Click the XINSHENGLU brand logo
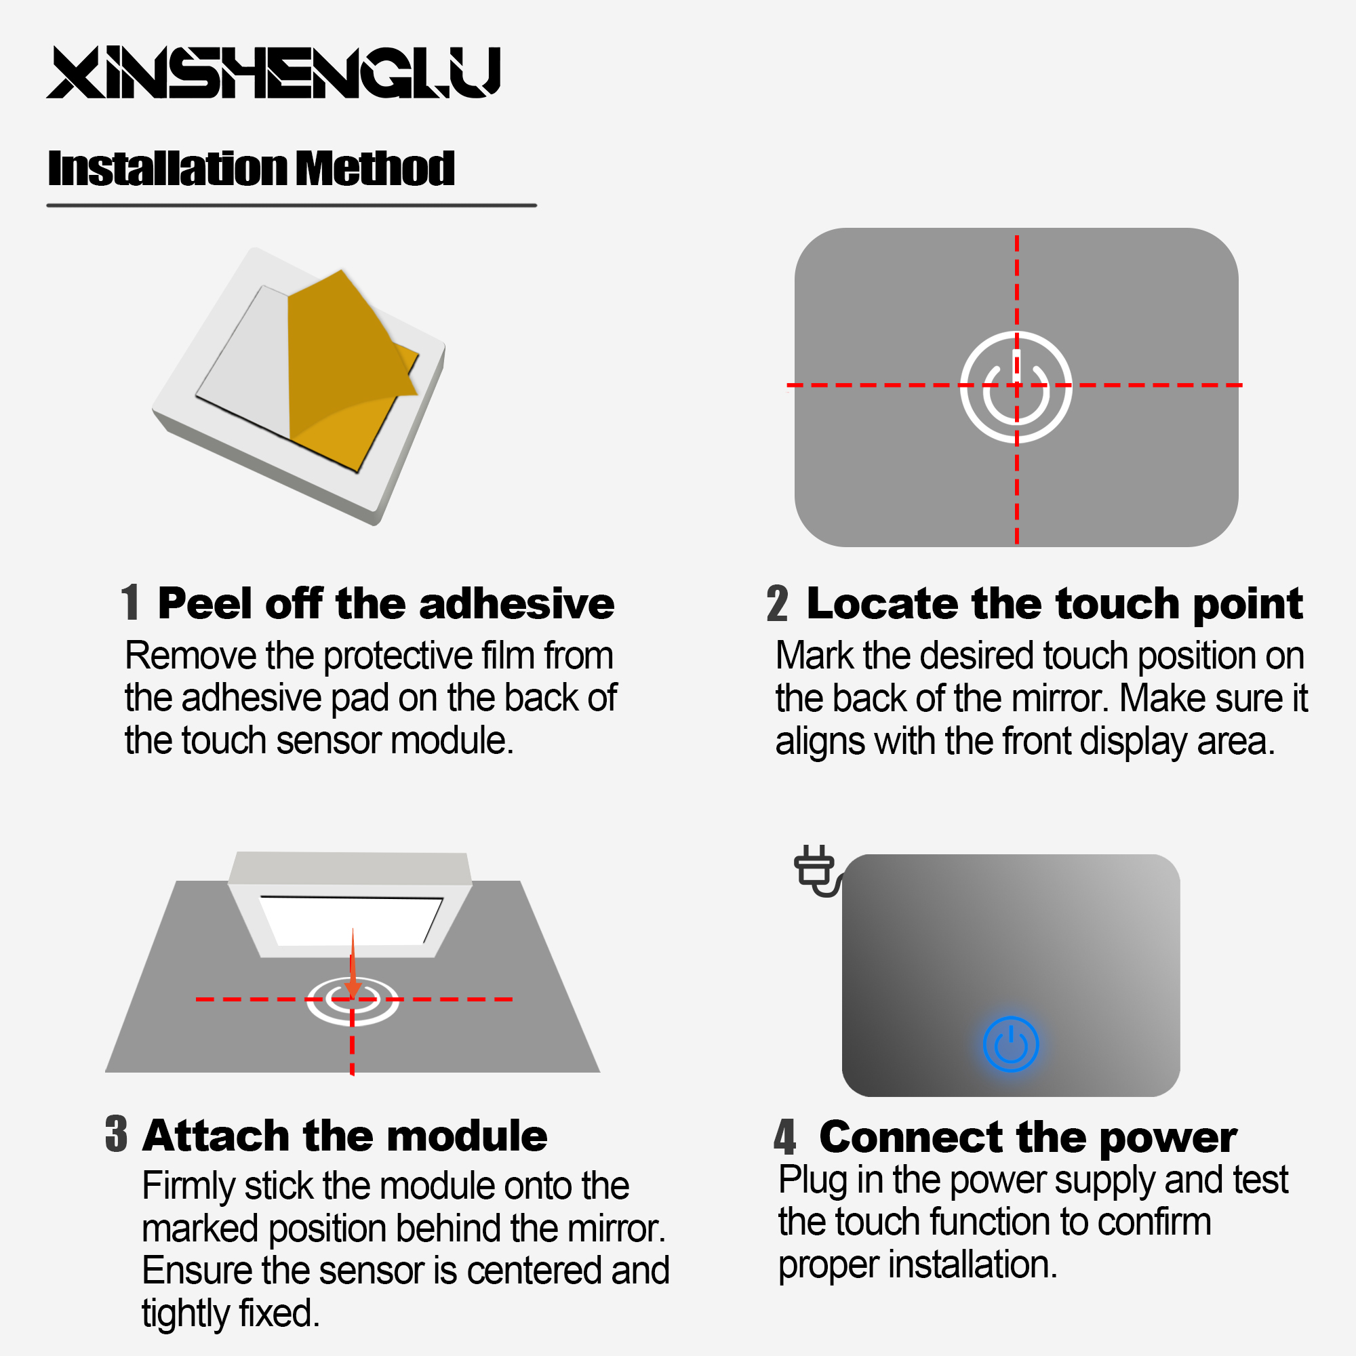[273, 73]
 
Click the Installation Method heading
[252, 169]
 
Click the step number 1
[131, 603]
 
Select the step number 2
[777, 603]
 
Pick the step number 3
[117, 1134]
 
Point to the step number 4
[785, 1137]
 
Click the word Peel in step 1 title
[205, 603]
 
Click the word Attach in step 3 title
[216, 1136]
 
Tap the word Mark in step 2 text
[815, 656]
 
